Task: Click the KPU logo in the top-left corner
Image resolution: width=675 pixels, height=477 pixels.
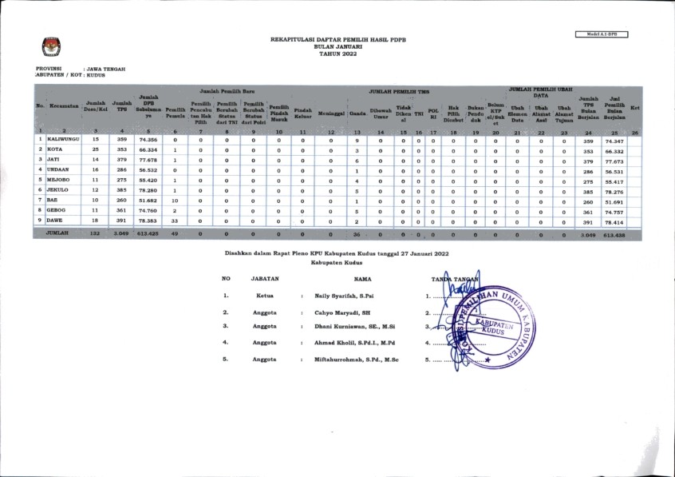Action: click(x=49, y=46)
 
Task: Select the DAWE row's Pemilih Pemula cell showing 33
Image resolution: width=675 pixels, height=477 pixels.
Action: click(x=175, y=221)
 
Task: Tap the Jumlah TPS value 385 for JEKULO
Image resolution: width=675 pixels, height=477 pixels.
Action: click(x=122, y=191)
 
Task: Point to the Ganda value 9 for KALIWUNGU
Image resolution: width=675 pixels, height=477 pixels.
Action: click(x=357, y=139)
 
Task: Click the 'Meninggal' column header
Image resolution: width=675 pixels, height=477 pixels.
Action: click(x=330, y=113)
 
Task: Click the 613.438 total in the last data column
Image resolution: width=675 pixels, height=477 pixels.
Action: click(x=614, y=235)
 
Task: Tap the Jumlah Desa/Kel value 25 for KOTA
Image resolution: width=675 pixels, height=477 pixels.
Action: click(x=96, y=149)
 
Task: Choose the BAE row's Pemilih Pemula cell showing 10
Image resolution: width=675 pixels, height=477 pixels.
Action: click(x=175, y=201)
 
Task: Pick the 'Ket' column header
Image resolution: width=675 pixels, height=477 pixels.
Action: click(x=635, y=107)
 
